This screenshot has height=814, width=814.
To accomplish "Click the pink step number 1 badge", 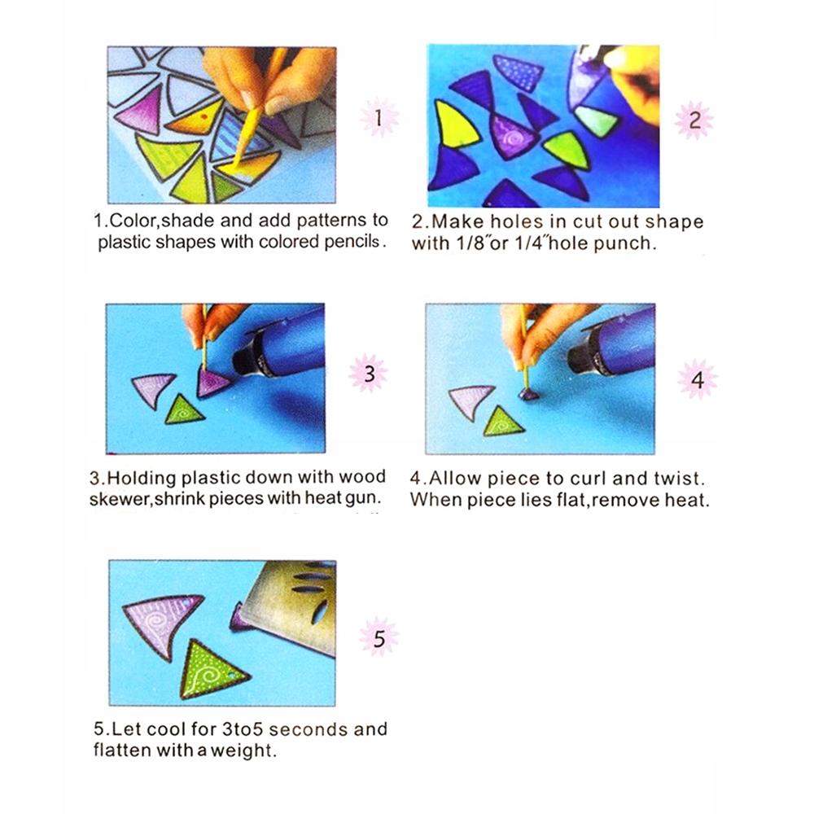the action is coord(379,117).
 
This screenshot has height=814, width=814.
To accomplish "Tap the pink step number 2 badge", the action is coord(694,120).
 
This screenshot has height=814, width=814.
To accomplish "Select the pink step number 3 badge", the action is coord(369,374).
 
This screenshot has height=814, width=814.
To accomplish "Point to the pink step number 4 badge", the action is coord(698,379).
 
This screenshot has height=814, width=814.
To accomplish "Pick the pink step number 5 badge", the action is coord(379,637).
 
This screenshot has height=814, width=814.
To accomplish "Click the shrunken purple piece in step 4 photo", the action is coord(529,395).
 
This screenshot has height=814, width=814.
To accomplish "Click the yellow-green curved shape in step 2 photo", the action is coord(455,125).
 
